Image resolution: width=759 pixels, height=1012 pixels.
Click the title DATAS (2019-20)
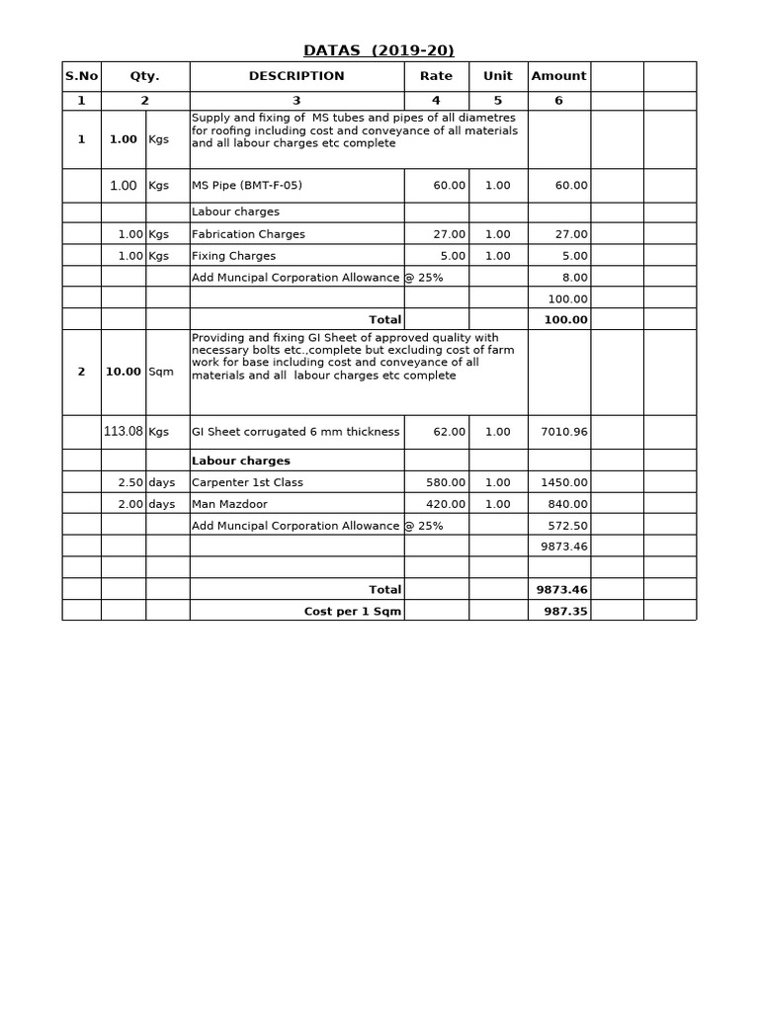pos(379,51)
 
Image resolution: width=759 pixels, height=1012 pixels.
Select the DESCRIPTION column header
pos(296,76)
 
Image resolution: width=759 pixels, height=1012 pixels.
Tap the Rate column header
pos(436,76)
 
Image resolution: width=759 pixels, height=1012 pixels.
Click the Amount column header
pos(558,76)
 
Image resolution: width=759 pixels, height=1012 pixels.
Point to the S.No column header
pos(81,76)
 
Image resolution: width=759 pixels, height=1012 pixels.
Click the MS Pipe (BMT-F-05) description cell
pos(247,186)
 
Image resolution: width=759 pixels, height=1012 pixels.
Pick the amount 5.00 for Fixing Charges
pos(574,256)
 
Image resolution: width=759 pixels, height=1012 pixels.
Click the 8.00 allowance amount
pos(574,278)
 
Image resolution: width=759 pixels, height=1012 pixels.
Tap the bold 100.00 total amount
pos(566,319)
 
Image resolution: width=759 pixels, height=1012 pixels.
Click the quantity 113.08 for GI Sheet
pos(124,431)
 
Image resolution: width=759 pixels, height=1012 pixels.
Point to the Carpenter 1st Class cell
pos(247,482)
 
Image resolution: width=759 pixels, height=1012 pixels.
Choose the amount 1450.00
pos(566,482)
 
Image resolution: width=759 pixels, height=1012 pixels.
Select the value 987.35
pos(566,611)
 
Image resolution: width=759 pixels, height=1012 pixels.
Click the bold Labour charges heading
pos(240,461)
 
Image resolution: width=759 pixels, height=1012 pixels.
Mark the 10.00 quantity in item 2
pos(123,372)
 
